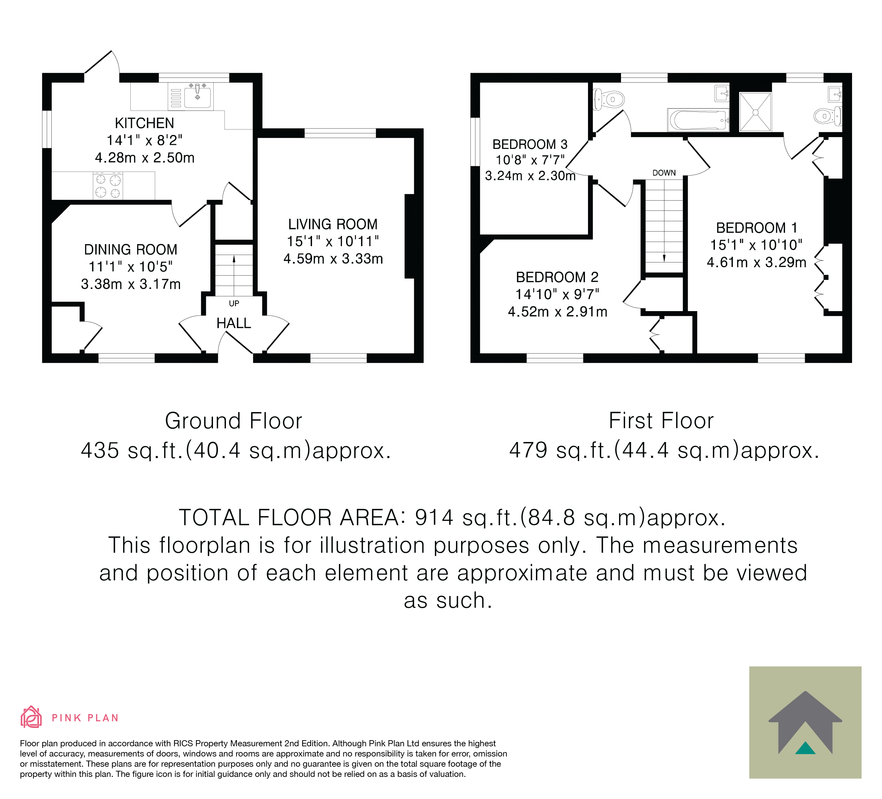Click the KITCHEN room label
point(144,123)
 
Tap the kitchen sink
point(197,97)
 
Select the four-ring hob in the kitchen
point(108,186)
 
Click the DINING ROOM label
point(131,250)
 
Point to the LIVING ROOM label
point(332,224)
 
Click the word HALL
point(234,323)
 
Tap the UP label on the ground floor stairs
point(234,303)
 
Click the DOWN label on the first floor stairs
point(664,173)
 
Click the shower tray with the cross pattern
point(755,112)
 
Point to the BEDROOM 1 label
point(756,228)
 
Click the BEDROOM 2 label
point(557,277)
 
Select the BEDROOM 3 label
point(530,144)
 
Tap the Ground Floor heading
point(234,421)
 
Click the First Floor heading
point(661,421)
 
